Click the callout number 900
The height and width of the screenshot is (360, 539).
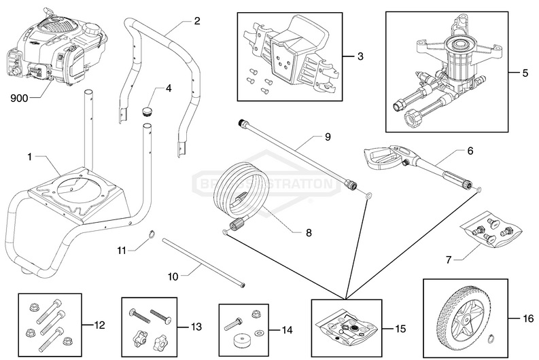point(20,97)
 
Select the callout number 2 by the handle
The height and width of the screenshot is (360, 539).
point(197,21)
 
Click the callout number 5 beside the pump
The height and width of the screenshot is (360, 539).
point(525,72)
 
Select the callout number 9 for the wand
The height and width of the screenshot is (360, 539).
point(328,137)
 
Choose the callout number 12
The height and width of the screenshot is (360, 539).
point(99,325)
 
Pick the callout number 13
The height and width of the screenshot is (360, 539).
point(196,327)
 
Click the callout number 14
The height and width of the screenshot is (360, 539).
point(287,330)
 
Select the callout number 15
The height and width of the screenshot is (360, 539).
point(400,329)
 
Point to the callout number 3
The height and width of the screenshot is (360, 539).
point(361,56)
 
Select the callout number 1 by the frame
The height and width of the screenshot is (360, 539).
point(30,157)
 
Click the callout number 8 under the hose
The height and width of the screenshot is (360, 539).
point(308,232)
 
